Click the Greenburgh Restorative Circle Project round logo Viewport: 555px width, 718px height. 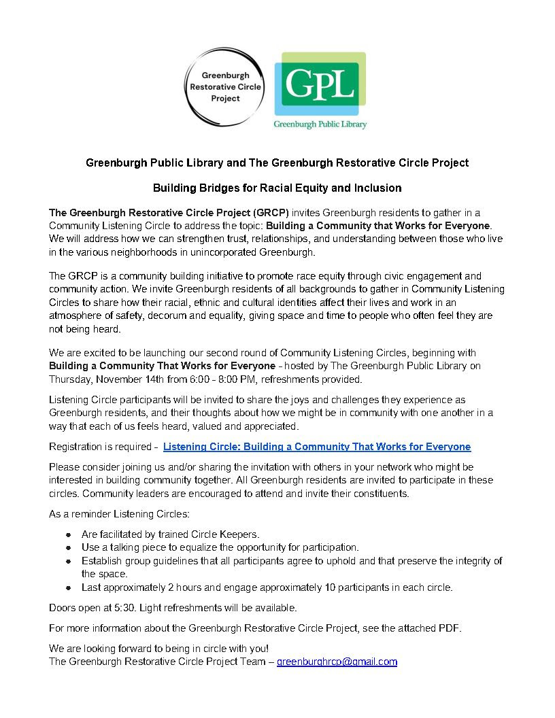point(225,88)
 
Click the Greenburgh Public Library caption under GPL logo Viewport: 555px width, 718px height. point(320,124)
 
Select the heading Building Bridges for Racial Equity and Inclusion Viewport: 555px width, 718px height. point(277,188)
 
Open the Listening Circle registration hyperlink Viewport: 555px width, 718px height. point(317,447)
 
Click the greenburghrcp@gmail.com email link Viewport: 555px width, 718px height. point(337,662)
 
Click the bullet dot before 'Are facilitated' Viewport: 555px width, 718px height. point(69,534)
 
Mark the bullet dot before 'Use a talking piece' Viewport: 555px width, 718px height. point(69,547)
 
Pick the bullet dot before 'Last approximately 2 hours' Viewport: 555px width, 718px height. point(69,587)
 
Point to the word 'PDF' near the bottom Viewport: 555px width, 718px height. point(449,628)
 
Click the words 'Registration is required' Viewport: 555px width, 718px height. point(100,447)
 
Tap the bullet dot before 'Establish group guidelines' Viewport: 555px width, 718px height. point(69,561)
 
